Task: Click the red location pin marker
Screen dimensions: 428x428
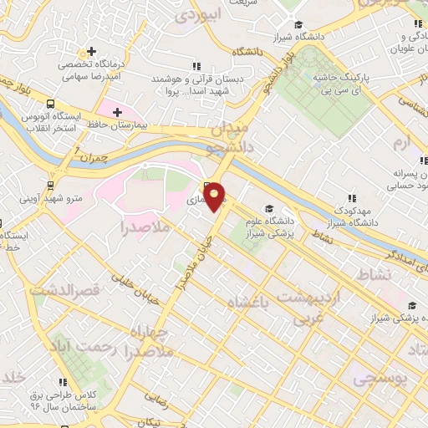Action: coord(215,196)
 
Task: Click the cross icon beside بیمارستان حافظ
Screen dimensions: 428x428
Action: coord(117,111)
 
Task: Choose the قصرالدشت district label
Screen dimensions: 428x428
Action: coord(63,289)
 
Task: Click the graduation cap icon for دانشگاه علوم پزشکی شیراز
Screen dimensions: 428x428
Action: coord(268,208)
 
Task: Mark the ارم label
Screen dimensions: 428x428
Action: coord(403,143)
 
